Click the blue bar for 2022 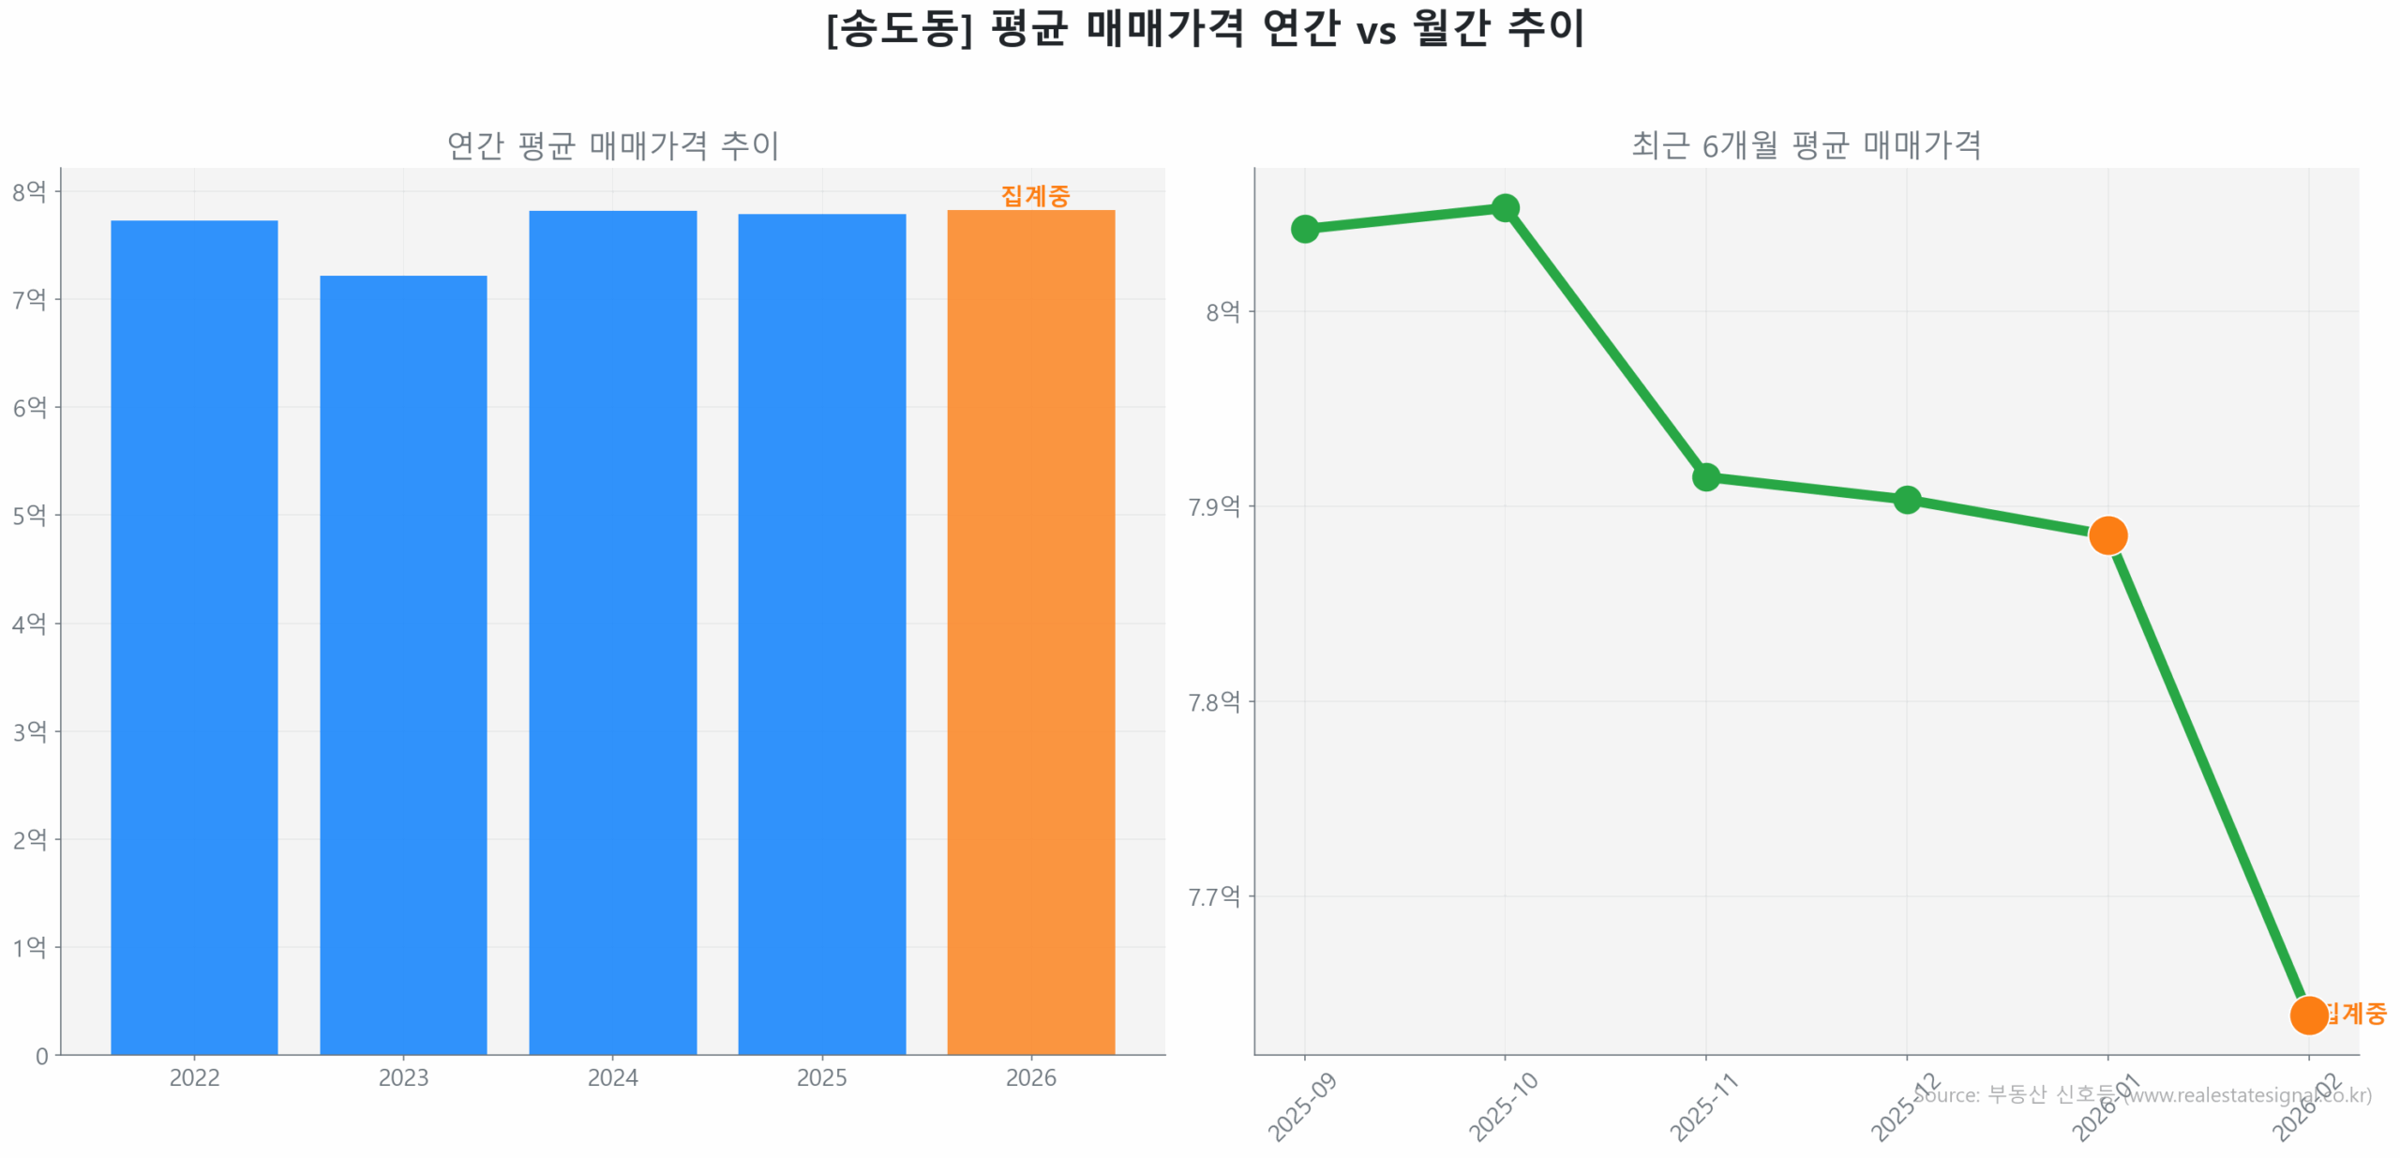[194, 638]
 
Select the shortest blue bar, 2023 [403, 666]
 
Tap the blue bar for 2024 [612, 633]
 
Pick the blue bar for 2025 [821, 635]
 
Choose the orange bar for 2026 [1030, 633]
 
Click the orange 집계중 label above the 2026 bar [1034, 195]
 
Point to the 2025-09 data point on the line [1304, 229]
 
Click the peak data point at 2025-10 [1505, 207]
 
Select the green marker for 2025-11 [1705, 476]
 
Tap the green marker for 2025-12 [1906, 499]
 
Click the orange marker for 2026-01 [2107, 535]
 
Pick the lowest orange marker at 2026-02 [2307, 1015]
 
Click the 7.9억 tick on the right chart [1213, 506]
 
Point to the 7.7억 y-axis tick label [1213, 896]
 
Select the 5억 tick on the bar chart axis [29, 515]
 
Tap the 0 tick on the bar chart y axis [41, 1056]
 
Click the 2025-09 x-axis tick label [1301, 1108]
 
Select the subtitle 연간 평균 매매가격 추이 [612, 145]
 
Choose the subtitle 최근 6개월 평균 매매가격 [1806, 145]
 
